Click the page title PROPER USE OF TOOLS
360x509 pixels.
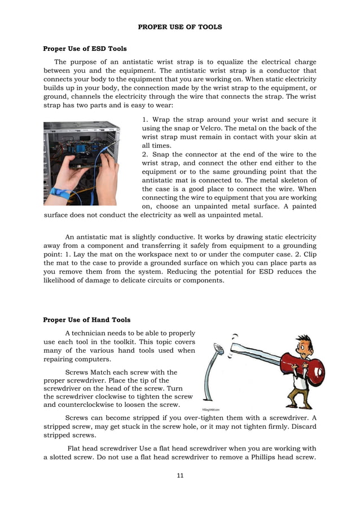pos(180,27)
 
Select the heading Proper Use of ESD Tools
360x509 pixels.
pos(85,49)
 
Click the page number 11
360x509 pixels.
pos(180,475)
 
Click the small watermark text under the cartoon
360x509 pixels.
pos(212,409)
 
